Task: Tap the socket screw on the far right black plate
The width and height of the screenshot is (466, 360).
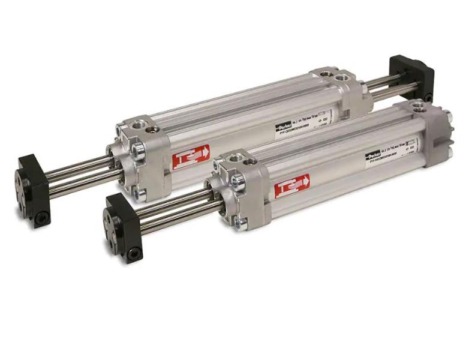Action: [x=428, y=96]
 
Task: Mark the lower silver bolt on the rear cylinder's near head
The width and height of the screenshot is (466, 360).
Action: [x=142, y=193]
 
